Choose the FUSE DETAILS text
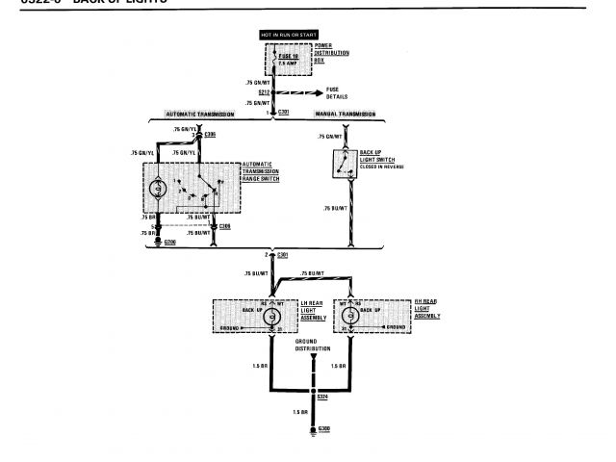339,95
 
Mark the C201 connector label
282,114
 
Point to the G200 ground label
170,243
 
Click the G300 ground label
323,425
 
